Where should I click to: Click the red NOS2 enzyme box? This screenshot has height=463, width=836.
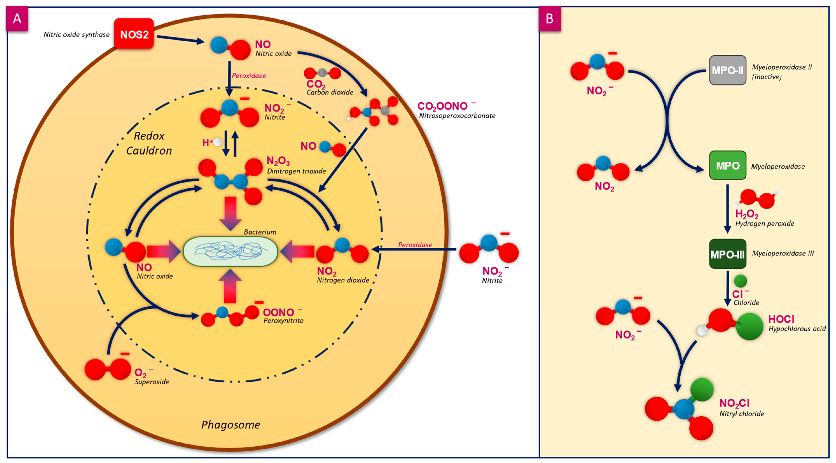[x=134, y=34]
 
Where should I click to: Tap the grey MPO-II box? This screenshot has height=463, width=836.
[x=727, y=70]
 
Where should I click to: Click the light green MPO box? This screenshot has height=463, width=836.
[x=727, y=165]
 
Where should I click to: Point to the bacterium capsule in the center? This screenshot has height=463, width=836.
[x=230, y=252]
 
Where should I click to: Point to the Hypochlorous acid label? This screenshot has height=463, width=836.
[x=797, y=329]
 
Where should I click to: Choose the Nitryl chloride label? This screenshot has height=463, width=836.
[x=742, y=414]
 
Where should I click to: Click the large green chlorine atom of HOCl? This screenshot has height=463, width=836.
[x=749, y=326]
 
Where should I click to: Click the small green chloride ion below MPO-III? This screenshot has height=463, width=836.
[x=740, y=281]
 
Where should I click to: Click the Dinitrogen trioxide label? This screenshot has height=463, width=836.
[x=296, y=171]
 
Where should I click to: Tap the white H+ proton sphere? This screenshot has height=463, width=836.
[x=218, y=142]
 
